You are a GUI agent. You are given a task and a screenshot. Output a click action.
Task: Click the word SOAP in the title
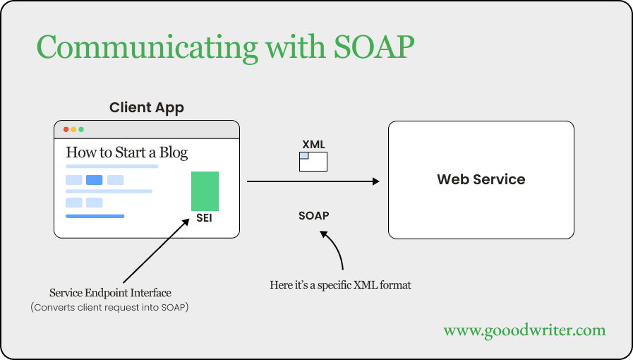click(x=374, y=47)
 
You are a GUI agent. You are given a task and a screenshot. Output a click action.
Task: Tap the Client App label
click(x=147, y=108)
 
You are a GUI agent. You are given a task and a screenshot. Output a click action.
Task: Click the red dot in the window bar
click(x=66, y=130)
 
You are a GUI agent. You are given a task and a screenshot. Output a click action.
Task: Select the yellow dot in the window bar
click(x=73, y=130)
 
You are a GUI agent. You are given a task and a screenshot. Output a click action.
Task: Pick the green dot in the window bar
click(x=81, y=130)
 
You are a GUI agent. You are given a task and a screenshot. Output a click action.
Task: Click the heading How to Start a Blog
click(x=127, y=152)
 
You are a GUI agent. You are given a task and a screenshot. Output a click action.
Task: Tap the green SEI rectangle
click(x=205, y=191)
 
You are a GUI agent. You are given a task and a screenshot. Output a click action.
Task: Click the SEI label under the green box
click(x=204, y=218)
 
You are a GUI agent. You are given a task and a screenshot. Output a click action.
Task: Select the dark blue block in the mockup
click(x=95, y=180)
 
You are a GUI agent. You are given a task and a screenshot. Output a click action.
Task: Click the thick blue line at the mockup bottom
click(x=95, y=216)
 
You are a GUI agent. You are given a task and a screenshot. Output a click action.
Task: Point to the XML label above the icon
click(x=313, y=145)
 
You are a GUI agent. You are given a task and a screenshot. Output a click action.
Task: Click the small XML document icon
click(x=313, y=162)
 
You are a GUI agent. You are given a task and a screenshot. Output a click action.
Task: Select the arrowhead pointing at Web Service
click(x=376, y=181)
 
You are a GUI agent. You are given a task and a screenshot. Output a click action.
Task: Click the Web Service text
click(x=481, y=179)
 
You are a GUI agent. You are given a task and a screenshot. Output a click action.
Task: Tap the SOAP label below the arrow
click(x=313, y=215)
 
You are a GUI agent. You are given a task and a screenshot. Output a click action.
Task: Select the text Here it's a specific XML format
click(x=340, y=285)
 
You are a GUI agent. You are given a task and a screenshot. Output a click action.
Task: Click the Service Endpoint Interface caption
click(x=110, y=293)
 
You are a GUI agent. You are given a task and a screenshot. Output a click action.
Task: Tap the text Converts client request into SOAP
click(x=110, y=308)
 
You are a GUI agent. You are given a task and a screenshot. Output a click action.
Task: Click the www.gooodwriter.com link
click(x=524, y=330)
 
